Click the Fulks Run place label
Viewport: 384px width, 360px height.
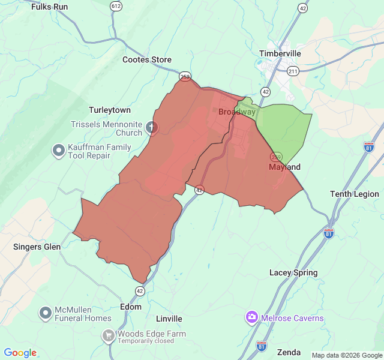coord(50,7)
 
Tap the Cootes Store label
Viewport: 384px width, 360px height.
coord(147,59)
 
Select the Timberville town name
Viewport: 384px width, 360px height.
coord(280,53)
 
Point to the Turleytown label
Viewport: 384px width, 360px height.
coord(109,110)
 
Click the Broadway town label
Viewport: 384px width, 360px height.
coord(236,112)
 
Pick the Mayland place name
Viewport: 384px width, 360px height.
coord(284,167)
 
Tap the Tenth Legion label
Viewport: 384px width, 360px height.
coord(355,194)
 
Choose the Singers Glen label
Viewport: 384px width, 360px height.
coord(37,247)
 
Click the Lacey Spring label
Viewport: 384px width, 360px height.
coord(293,272)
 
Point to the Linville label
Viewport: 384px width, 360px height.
coord(169,319)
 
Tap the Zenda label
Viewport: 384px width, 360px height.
coord(289,352)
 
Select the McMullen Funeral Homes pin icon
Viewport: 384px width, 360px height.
coord(46,313)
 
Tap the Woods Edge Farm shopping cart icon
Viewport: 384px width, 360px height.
coord(109,335)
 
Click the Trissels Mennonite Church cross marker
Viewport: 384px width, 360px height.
coord(152,127)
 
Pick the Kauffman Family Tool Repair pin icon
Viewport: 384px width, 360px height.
coord(58,150)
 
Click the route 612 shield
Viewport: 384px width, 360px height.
coord(116,5)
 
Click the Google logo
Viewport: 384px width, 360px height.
coord(20,353)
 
